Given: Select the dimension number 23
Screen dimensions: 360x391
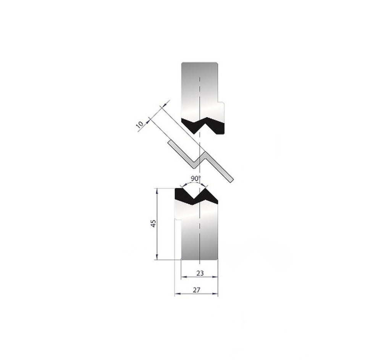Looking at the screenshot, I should coord(200,273).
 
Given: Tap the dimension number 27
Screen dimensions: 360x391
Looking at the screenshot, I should coord(196,290).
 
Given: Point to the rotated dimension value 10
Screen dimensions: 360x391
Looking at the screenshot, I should coord(140,125).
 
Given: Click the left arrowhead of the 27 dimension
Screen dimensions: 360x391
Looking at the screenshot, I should coord(176,294).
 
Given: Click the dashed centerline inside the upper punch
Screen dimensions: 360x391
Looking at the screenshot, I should coord(200,92).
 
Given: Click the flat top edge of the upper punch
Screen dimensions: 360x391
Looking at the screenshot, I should coord(200,62).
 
